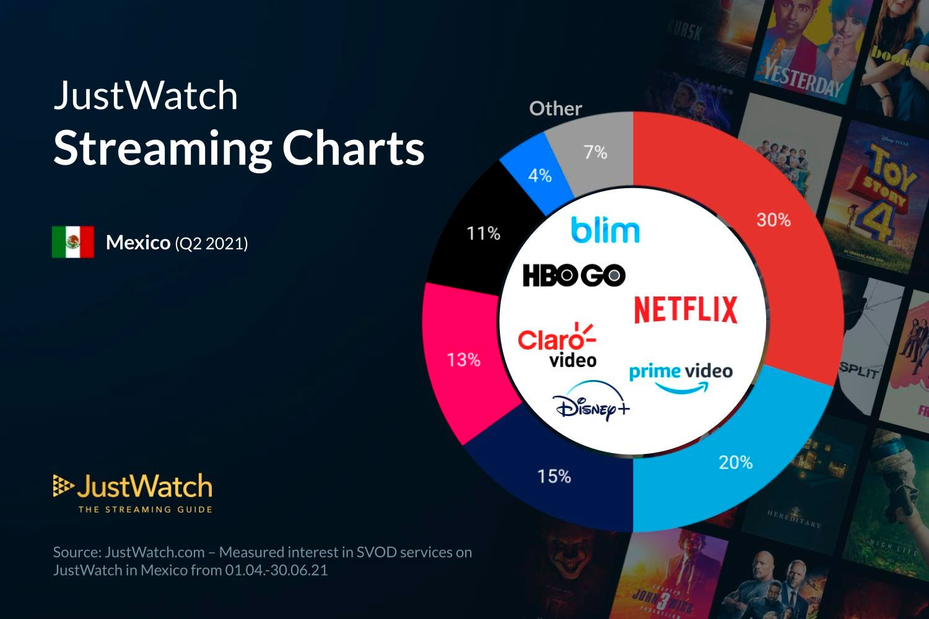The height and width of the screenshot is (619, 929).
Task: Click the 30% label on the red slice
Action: tap(774, 220)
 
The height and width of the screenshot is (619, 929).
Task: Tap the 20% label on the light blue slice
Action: tap(735, 462)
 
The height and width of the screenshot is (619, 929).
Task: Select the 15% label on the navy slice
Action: tap(554, 476)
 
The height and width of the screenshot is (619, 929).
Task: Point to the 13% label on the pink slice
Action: tap(463, 360)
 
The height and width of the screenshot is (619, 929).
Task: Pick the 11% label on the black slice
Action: tap(483, 233)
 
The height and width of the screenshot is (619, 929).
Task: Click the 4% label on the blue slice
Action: tap(539, 176)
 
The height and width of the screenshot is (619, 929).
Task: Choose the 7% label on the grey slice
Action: tap(595, 152)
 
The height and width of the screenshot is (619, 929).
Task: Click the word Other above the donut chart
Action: tap(556, 109)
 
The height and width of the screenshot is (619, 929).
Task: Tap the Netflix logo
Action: tap(686, 309)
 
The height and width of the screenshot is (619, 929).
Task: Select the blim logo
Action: tap(605, 230)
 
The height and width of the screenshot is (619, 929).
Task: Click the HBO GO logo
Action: tap(574, 275)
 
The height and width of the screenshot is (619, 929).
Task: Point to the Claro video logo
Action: tap(557, 345)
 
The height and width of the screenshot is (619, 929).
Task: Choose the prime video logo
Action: tap(681, 377)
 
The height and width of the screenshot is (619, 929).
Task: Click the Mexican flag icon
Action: tap(73, 242)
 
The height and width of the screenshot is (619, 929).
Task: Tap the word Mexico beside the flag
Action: tap(137, 243)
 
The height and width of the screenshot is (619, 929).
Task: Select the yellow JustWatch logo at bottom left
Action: tap(133, 493)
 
